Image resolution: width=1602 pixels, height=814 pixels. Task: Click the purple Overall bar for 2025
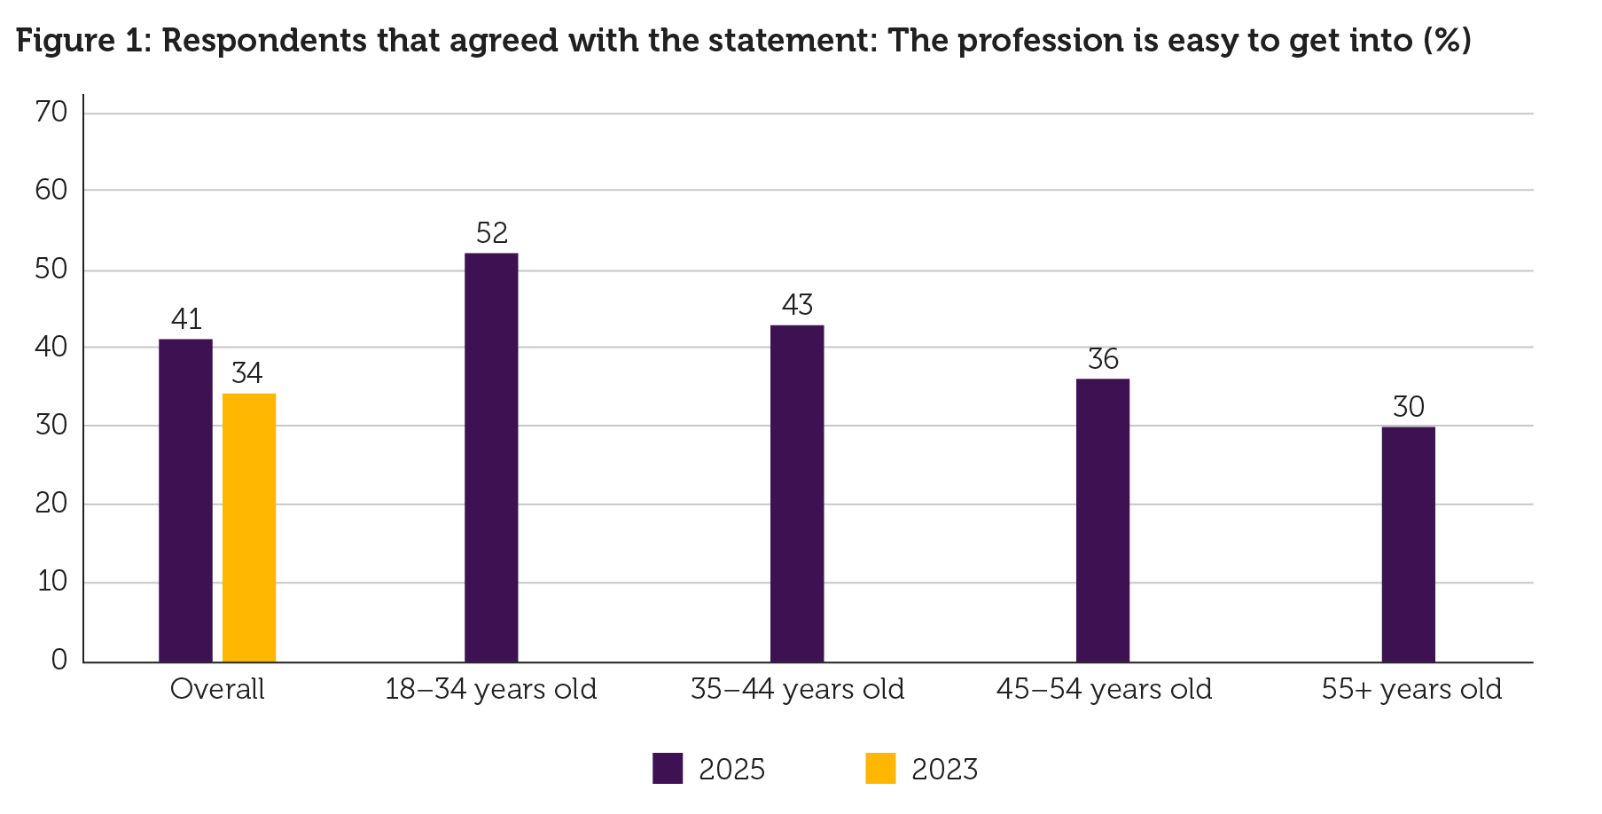pyautogui.click(x=185, y=500)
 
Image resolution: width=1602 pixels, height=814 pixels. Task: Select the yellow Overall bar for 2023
pyautogui.click(x=249, y=528)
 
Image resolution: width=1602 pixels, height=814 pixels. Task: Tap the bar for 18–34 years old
pyautogui.click(x=491, y=458)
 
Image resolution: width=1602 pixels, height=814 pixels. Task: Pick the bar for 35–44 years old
pyautogui.click(x=797, y=493)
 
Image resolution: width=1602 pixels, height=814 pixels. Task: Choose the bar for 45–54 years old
pyautogui.click(x=1103, y=520)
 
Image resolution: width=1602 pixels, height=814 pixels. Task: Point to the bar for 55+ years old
pyautogui.click(x=1408, y=544)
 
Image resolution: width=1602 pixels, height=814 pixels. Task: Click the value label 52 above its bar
pyautogui.click(x=492, y=233)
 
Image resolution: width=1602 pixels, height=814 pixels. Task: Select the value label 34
pyautogui.click(x=247, y=373)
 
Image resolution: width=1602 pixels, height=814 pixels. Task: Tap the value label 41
pyautogui.click(x=186, y=319)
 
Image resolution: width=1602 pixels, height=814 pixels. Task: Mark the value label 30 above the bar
pyautogui.click(x=1409, y=407)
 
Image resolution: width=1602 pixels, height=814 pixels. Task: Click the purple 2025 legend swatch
pyautogui.click(x=668, y=768)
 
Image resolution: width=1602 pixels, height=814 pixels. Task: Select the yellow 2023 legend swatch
pyautogui.click(x=880, y=768)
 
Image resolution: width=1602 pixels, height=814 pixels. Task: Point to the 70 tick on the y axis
pyautogui.click(x=51, y=112)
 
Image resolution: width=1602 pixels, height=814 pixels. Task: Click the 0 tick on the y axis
pyautogui.click(x=59, y=660)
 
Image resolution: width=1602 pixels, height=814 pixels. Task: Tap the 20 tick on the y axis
pyautogui.click(x=51, y=504)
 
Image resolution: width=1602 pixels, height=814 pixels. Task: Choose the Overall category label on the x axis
pyautogui.click(x=217, y=690)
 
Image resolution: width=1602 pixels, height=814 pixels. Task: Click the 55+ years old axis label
pyautogui.click(x=1411, y=690)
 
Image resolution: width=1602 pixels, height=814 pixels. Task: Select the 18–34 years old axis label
pyautogui.click(x=491, y=690)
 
